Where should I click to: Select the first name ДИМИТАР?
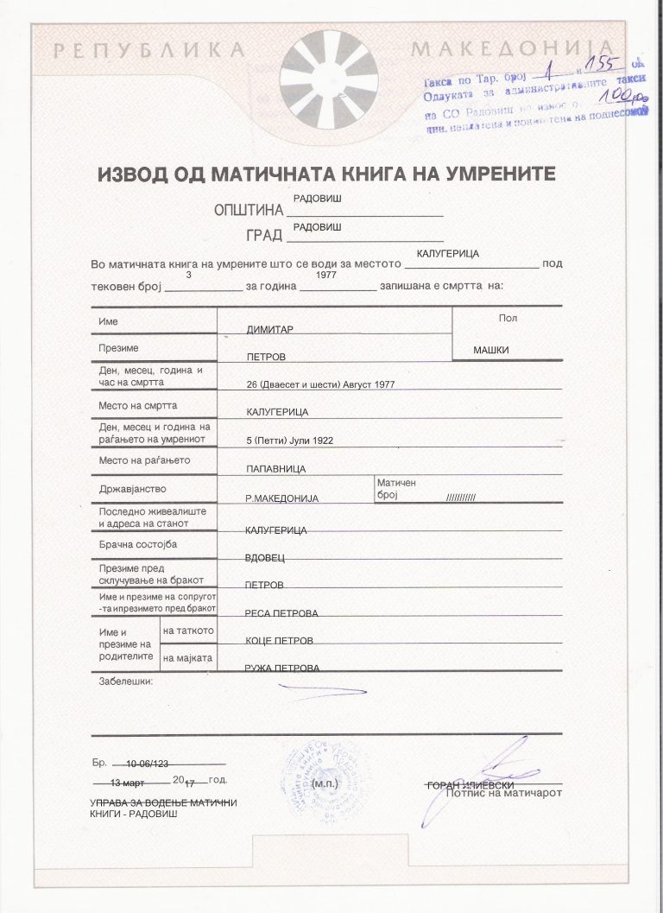click(x=271, y=330)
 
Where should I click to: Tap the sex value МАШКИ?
click(x=491, y=350)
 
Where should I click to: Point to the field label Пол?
click(x=508, y=318)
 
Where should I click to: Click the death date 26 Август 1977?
click(x=320, y=384)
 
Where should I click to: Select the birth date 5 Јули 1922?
click(x=289, y=441)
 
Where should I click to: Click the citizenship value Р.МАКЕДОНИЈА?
click(x=282, y=498)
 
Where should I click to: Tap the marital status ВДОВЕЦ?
click(x=265, y=558)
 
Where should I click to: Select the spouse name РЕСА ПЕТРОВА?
click(x=281, y=613)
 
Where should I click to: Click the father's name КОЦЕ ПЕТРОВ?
click(x=279, y=641)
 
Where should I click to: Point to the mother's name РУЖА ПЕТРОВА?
click(x=281, y=669)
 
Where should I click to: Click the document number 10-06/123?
click(x=147, y=764)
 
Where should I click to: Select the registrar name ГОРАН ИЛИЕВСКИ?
click(x=470, y=784)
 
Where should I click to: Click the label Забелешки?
click(x=126, y=682)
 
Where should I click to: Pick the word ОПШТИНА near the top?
click(x=249, y=210)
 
